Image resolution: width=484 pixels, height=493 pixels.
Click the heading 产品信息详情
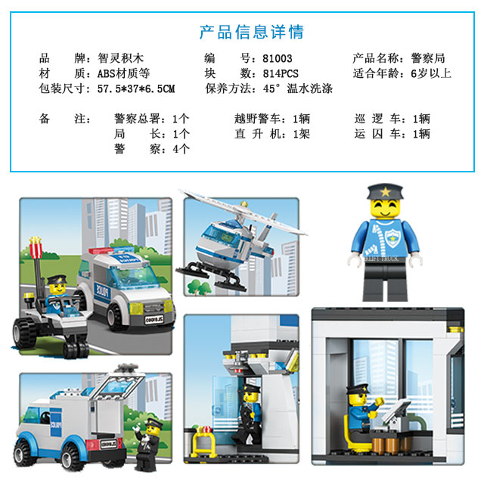tap(252, 32)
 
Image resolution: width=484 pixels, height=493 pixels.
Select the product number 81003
tap(278, 58)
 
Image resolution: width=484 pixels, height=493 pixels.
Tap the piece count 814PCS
tap(281, 73)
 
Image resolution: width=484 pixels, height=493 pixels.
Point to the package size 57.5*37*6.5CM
tap(136, 88)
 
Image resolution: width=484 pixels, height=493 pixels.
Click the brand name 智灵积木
tap(120, 58)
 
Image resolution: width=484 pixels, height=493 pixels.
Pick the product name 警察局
tap(428, 58)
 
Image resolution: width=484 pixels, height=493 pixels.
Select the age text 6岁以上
tap(431, 73)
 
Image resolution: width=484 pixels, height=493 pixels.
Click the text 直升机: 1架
tap(272, 134)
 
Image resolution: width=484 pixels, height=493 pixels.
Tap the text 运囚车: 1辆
tap(392, 134)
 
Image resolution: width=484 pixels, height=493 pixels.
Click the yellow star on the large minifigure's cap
tap(385, 191)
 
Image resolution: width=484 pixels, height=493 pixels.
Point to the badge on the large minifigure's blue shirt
tap(392, 237)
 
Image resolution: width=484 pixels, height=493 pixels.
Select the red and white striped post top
tap(36, 247)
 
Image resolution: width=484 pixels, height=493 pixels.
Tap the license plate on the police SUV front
tap(154, 319)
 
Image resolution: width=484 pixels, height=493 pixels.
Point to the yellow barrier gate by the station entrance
tap(202, 442)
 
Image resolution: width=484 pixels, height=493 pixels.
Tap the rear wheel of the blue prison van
tap(72, 457)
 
